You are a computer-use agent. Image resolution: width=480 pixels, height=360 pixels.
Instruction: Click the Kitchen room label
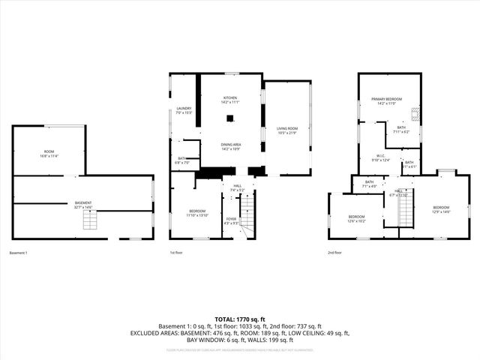230,100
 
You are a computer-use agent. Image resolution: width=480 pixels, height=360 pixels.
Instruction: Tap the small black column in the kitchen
230,118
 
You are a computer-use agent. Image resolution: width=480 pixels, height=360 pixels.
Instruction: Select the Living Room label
288,130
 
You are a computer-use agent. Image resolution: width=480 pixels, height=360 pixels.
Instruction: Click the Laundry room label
184,110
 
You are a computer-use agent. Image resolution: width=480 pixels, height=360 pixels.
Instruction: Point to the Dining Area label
230,146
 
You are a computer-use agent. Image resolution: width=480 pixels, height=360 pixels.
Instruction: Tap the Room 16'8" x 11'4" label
49,154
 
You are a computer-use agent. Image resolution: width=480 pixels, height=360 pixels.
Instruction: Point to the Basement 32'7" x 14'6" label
82,205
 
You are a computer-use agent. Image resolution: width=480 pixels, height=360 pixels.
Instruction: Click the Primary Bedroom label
387,101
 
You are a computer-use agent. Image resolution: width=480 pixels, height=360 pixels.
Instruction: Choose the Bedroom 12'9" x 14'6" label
441,209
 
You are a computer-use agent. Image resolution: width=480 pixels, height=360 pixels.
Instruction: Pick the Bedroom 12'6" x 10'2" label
356,219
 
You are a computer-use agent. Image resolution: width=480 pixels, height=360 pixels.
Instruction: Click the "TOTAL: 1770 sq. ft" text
240,319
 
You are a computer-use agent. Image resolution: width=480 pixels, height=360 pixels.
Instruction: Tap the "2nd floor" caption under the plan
335,253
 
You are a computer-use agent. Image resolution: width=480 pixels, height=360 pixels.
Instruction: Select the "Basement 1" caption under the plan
18,253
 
